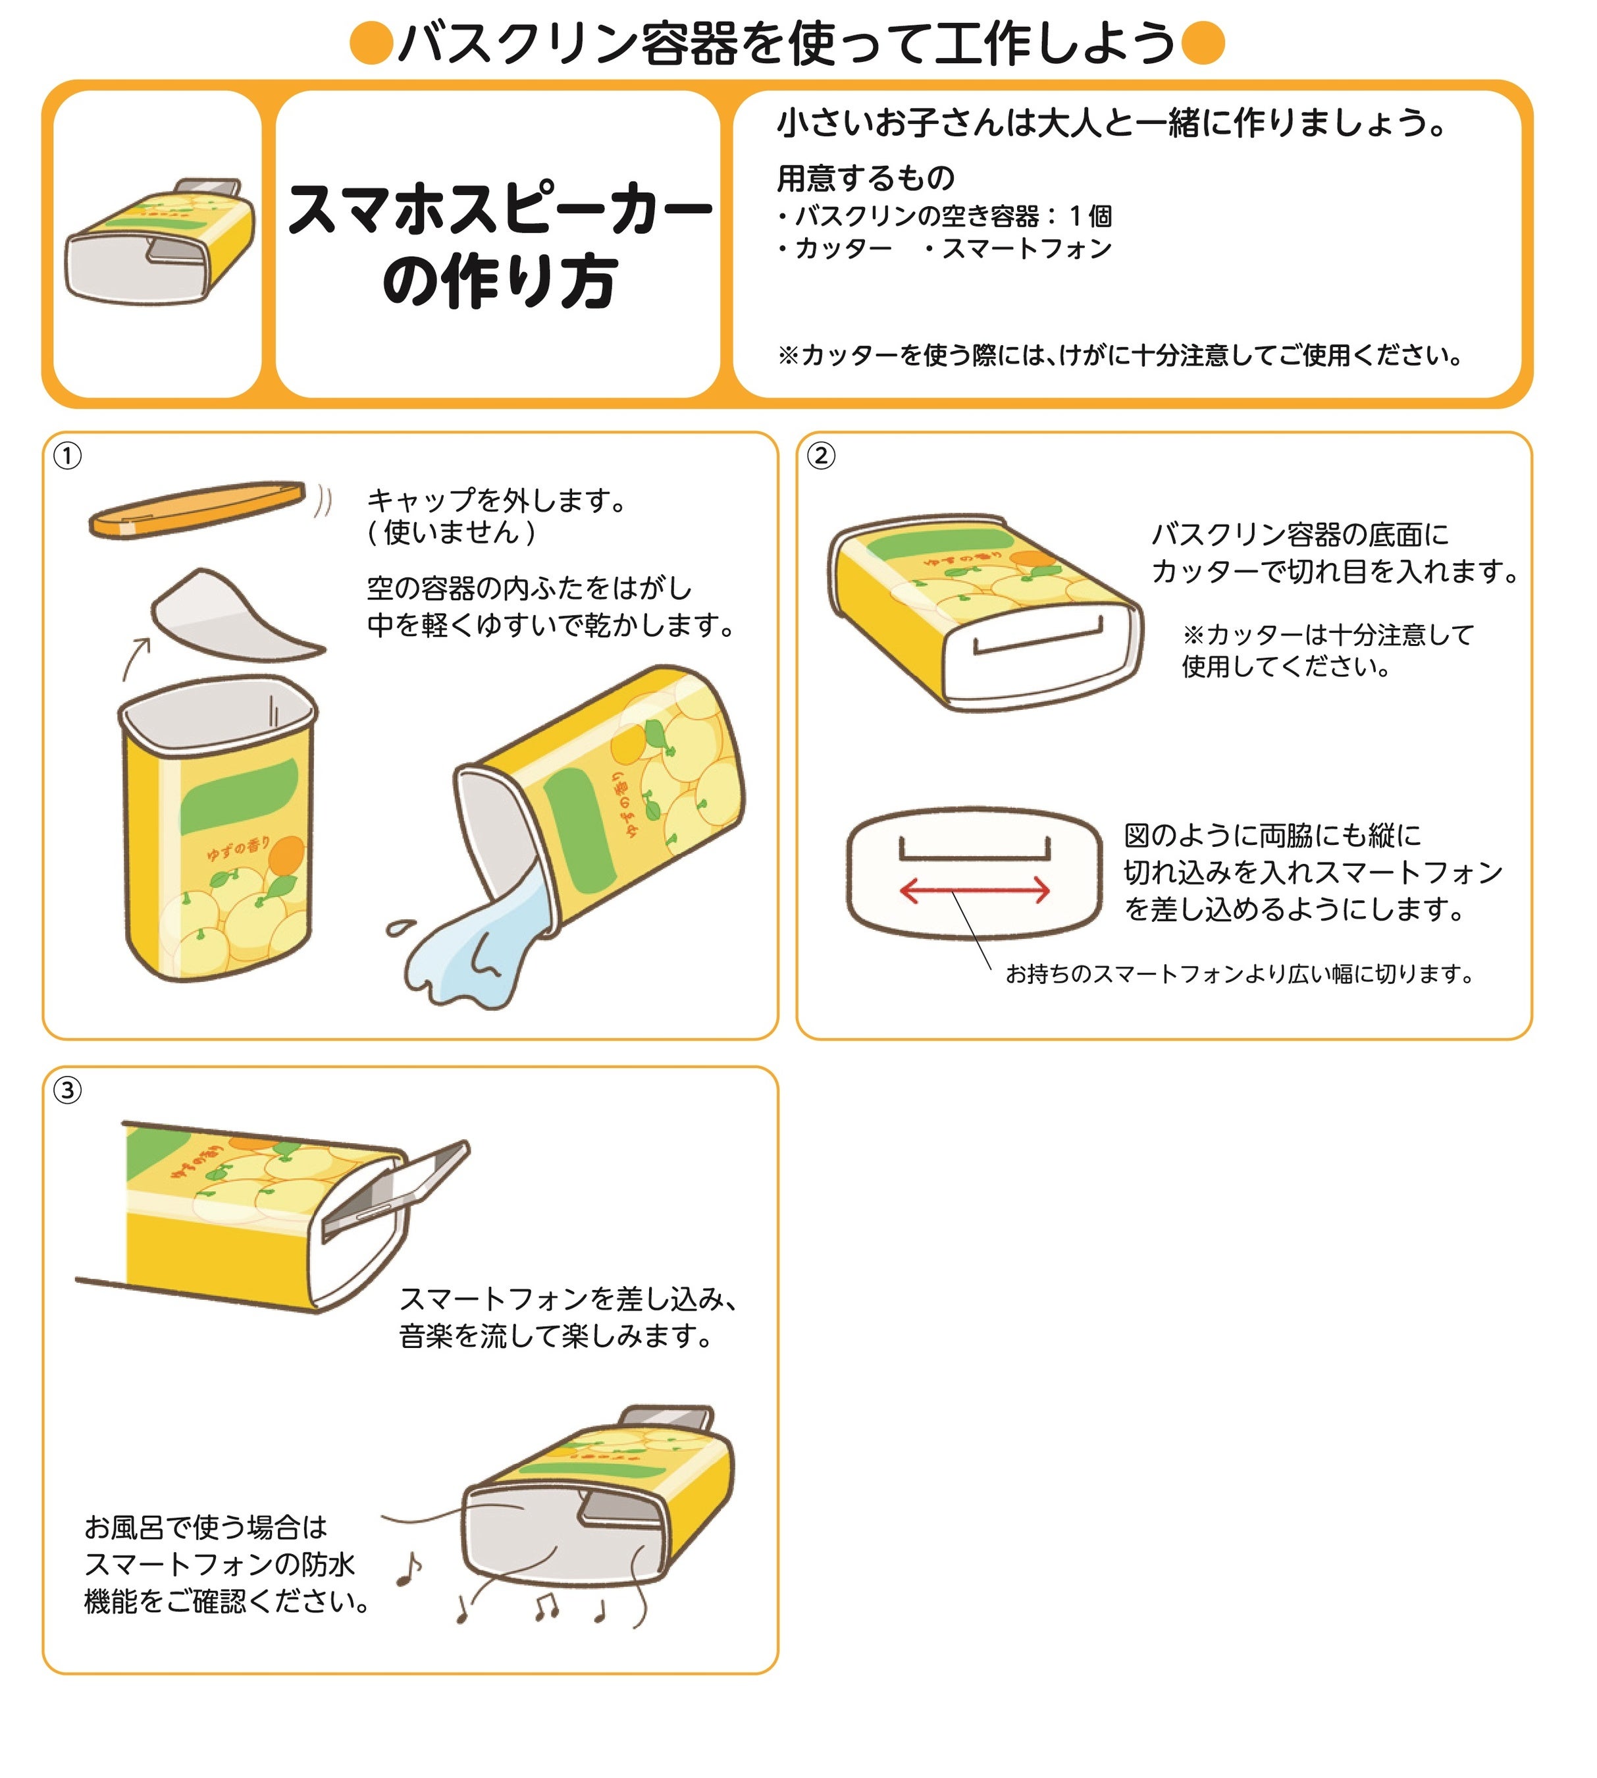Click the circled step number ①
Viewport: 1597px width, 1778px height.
(x=68, y=456)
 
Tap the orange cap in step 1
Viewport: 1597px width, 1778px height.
(x=197, y=508)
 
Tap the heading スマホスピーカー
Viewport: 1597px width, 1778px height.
(x=500, y=211)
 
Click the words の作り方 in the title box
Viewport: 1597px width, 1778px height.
(x=500, y=283)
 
